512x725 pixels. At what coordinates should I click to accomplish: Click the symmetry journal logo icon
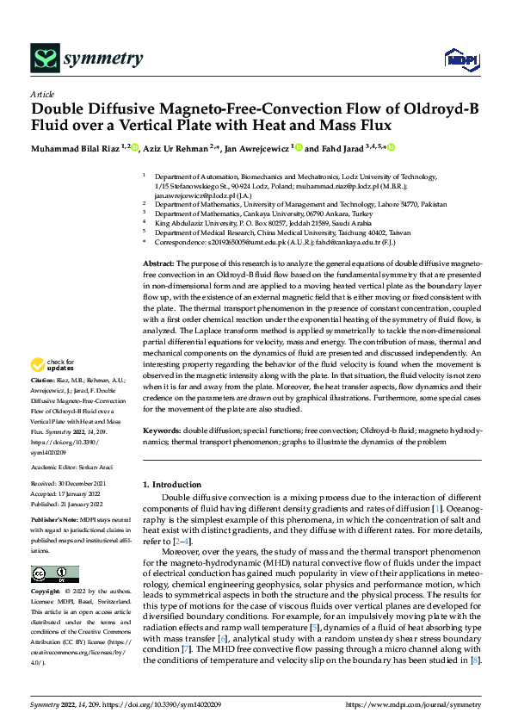[45, 59]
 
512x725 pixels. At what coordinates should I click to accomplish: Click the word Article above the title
[42, 94]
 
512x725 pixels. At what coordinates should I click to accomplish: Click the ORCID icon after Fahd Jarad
[392, 148]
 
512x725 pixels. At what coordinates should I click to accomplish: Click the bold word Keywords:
[163, 428]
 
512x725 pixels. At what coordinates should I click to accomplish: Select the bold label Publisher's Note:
[56, 522]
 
